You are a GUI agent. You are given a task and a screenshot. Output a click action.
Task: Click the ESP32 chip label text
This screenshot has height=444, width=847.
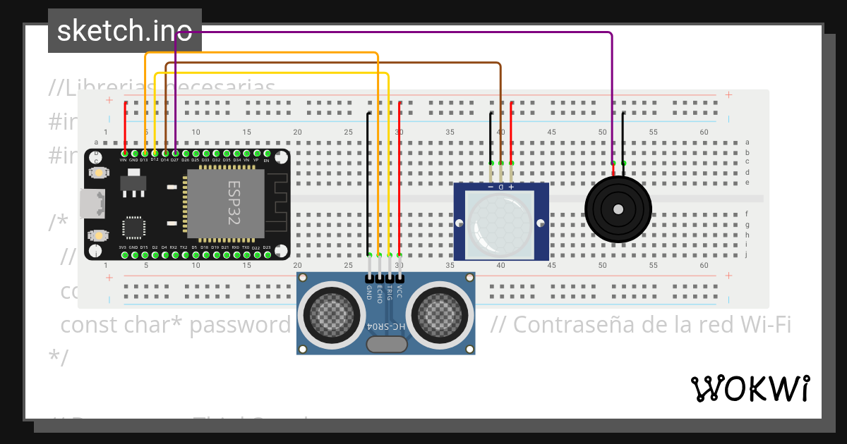pos(234,203)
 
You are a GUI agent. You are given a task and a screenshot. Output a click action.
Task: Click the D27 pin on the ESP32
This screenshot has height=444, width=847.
pos(175,153)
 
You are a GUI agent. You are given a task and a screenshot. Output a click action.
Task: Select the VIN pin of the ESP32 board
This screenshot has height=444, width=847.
pos(124,153)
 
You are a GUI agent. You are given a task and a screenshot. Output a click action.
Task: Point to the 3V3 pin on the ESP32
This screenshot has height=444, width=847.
pos(124,254)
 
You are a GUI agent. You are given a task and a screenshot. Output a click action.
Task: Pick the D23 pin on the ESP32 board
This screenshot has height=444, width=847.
pos(266,254)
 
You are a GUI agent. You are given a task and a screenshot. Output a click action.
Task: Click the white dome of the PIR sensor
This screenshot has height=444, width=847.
pos(500,222)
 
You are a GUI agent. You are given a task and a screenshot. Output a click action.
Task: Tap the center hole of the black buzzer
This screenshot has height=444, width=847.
pos(618,209)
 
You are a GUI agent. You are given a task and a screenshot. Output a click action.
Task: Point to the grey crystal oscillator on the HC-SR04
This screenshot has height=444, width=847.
pos(387,344)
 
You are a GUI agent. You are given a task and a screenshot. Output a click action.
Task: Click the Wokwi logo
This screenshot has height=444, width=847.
pos(750,388)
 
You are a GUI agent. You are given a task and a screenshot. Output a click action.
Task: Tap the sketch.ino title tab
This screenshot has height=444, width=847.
pos(124,31)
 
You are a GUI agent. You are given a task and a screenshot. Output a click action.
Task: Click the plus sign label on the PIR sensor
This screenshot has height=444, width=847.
pos(511,187)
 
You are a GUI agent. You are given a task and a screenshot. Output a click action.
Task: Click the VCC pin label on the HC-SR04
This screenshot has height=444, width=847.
pos(400,290)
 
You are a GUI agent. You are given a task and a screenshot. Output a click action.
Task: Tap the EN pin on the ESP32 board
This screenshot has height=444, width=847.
pos(266,153)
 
